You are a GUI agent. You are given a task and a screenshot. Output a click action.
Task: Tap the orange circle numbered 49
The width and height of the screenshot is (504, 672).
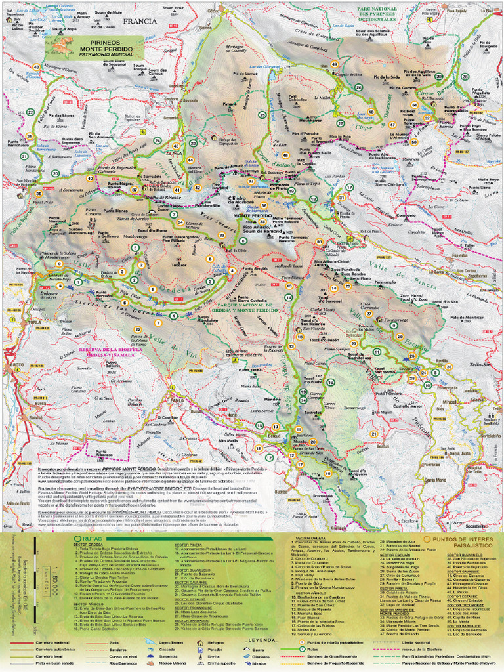[335, 64]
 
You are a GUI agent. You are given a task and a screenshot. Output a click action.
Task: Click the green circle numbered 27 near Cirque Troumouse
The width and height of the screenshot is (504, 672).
[341, 123]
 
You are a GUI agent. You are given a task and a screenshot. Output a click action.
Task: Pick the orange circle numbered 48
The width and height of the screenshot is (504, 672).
[371, 112]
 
